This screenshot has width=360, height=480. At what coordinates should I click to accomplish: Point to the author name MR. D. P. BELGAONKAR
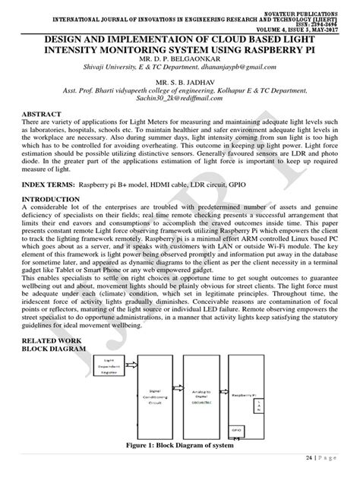[180, 56]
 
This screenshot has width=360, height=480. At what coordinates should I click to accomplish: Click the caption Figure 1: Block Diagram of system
[180, 446]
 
